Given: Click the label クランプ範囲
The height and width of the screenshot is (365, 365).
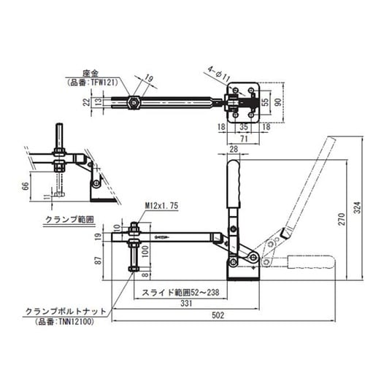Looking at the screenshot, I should tap(62, 218).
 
